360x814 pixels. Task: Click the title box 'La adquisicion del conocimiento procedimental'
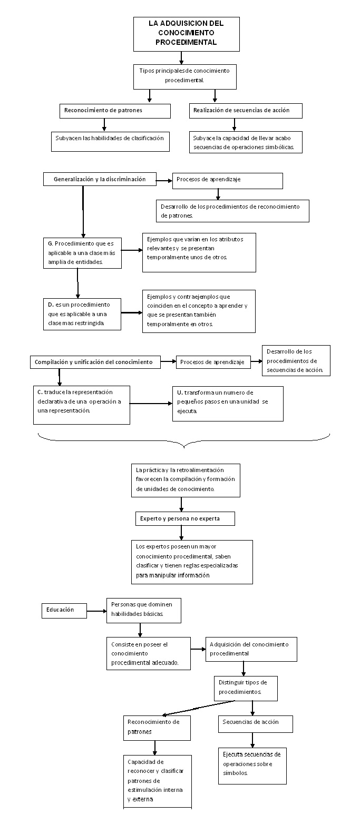[186, 34]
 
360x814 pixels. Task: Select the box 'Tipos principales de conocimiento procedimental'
[184, 76]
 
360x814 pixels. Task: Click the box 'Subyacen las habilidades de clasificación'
[110, 141]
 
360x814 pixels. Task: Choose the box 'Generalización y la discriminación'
[100, 180]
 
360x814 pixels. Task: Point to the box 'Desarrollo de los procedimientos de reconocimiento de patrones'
[232, 211]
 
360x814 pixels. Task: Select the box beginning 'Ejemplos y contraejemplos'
[199, 311]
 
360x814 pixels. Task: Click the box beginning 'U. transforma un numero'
[227, 404]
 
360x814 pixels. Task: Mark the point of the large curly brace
[184, 447]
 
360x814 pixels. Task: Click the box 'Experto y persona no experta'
[185, 518]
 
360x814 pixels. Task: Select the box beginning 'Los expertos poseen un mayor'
[192, 562]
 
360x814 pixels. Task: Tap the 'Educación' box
[64, 610]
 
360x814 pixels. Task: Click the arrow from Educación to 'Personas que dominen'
[96, 611]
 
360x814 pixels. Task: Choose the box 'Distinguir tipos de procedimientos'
[246, 688]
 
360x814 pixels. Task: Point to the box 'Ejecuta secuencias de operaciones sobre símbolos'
[252, 765]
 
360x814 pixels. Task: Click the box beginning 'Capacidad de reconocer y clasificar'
[158, 780]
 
